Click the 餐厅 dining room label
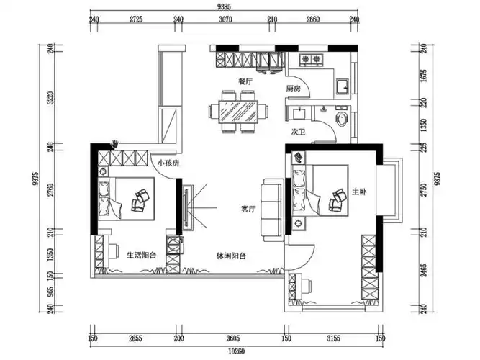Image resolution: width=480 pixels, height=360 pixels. [245, 81]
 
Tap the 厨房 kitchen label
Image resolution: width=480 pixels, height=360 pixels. [294, 89]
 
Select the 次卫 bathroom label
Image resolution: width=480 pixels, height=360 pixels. [298, 132]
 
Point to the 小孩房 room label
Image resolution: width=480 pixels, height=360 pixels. [168, 163]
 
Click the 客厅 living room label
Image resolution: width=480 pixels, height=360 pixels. [248, 210]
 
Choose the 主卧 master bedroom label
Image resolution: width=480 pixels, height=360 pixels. [359, 192]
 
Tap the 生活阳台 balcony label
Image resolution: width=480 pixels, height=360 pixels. [142, 255]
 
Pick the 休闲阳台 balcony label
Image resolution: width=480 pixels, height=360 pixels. [231, 256]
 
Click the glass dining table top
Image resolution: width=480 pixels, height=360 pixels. [238, 112]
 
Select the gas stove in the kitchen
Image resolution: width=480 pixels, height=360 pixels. [312, 60]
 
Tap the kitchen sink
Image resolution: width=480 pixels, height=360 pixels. [343, 86]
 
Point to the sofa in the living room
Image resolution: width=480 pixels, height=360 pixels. [272, 210]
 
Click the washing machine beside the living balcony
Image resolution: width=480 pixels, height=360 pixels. [175, 244]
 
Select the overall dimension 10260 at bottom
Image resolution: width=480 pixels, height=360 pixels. [236, 351]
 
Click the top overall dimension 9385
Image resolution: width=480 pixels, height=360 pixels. [224, 6]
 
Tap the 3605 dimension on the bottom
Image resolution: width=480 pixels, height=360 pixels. [233, 338]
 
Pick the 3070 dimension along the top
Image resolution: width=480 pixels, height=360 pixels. [225, 19]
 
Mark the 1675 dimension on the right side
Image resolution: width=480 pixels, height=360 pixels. [424, 76]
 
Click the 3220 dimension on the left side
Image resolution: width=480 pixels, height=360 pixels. [51, 97]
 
